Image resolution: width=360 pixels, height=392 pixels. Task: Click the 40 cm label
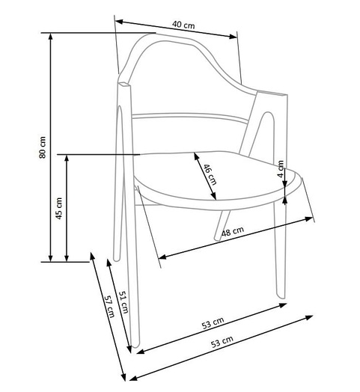click(x=183, y=25)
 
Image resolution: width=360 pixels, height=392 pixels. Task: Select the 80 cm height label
click(x=43, y=147)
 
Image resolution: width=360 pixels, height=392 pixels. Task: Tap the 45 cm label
click(x=59, y=208)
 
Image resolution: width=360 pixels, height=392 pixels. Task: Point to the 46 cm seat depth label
click(x=210, y=174)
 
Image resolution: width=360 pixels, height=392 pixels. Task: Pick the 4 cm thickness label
click(x=281, y=169)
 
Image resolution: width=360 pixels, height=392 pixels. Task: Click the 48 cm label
click(x=233, y=231)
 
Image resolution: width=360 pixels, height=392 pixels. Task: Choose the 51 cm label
click(x=123, y=302)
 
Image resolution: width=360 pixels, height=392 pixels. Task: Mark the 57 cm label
click(x=109, y=306)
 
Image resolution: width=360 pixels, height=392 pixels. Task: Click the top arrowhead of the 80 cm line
click(x=51, y=37)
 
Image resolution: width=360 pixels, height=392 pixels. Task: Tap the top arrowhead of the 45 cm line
click(x=67, y=159)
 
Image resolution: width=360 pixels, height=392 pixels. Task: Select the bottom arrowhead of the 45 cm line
click(x=67, y=258)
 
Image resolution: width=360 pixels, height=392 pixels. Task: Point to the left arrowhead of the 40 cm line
click(x=119, y=22)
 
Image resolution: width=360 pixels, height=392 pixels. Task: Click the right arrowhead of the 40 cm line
click(x=234, y=37)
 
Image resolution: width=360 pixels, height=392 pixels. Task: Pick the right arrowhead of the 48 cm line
click(x=308, y=218)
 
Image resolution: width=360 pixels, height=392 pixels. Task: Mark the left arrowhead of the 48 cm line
click(x=162, y=257)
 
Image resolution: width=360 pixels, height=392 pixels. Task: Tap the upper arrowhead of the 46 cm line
click(x=196, y=156)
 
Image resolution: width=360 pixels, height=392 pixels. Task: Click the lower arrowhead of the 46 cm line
click(x=213, y=196)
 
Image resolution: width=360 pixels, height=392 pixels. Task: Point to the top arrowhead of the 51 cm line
click(x=109, y=263)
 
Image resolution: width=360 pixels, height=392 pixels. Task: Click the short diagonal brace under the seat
click(x=222, y=225)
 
